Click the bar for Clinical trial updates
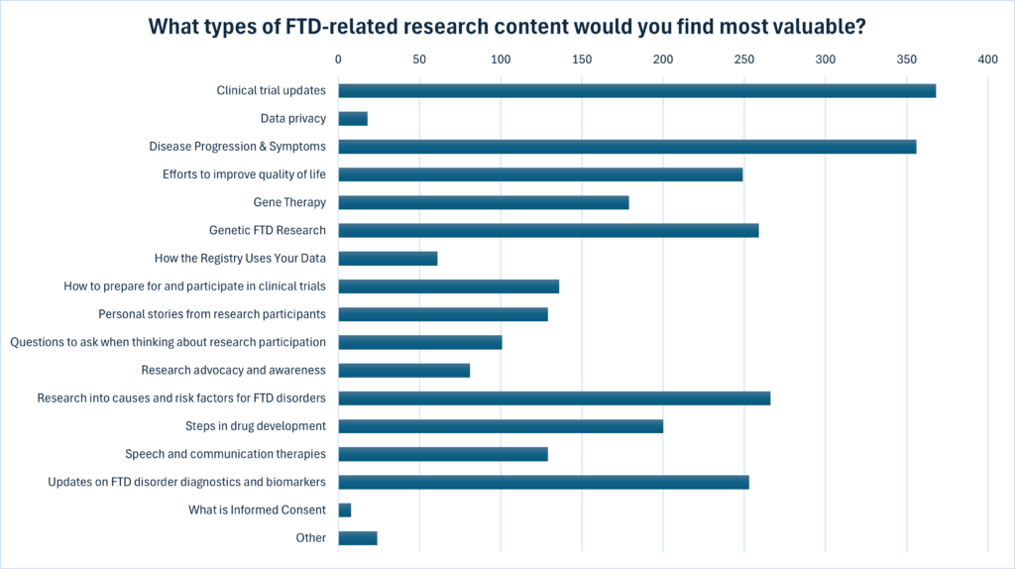(636, 91)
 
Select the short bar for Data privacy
(353, 119)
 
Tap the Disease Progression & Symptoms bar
(626, 147)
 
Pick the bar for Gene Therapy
(484, 203)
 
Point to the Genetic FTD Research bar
(548, 231)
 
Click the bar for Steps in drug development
(501, 426)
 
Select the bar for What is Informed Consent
(345, 511)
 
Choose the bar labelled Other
(358, 538)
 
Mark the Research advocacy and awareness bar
(404, 371)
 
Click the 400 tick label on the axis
(987, 60)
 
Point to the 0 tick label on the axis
(339, 60)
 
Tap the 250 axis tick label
(744, 60)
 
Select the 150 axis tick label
(582, 60)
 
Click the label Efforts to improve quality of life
(244, 174)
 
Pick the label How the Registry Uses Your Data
(240, 259)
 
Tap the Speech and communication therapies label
(225, 454)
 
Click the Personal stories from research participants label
(212, 314)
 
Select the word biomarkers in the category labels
(289, 482)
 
